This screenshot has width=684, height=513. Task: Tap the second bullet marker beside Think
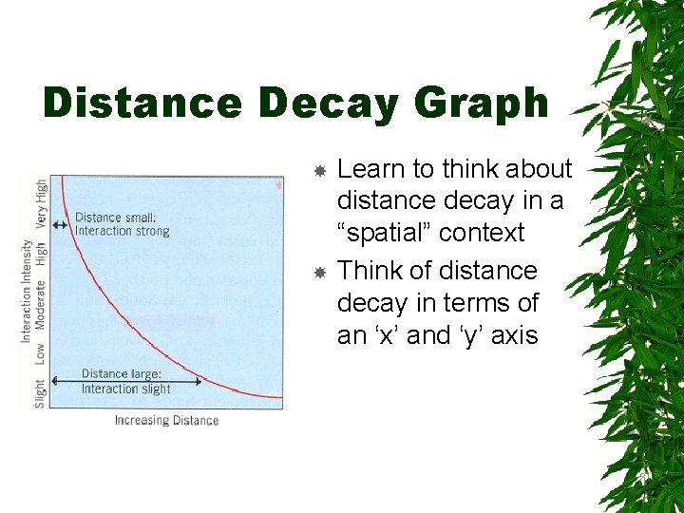(x=321, y=273)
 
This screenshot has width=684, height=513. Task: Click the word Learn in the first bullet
(x=372, y=169)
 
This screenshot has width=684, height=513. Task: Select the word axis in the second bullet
(x=514, y=335)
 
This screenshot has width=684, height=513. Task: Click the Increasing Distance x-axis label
(x=166, y=421)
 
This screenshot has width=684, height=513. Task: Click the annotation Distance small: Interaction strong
(x=122, y=224)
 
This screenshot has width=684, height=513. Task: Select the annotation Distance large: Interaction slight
(x=125, y=381)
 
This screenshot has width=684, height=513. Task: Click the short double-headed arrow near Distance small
(x=60, y=225)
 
